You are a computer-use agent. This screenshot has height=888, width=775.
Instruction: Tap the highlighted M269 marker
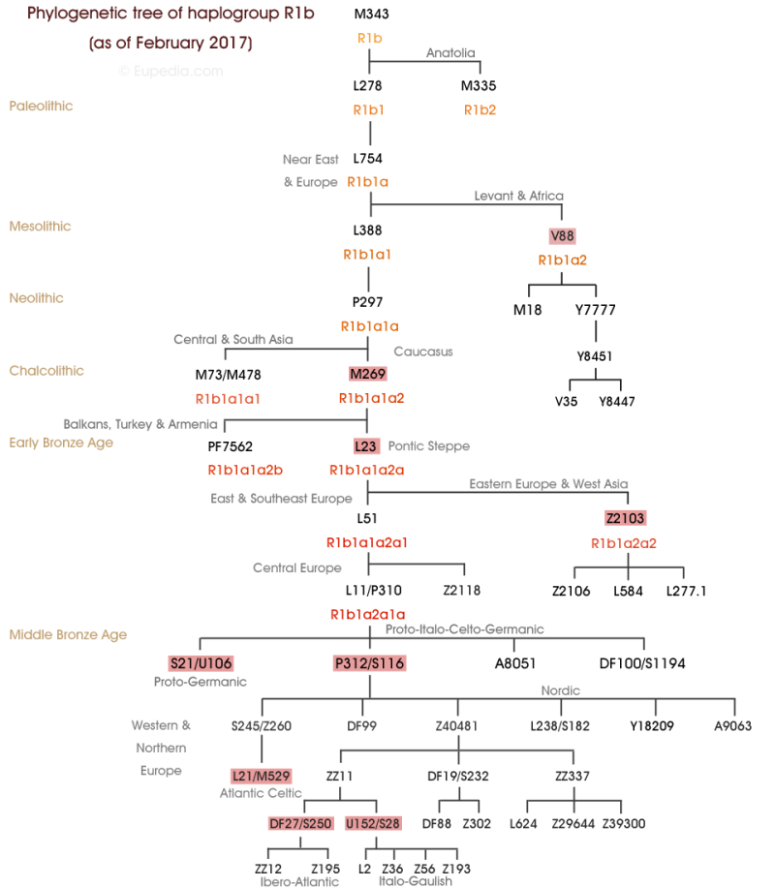(367, 375)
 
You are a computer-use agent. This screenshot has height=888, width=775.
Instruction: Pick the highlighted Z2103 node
(625, 518)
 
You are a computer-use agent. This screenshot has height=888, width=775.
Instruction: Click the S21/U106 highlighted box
(200, 662)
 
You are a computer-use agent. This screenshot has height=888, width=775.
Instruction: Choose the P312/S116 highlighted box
(368, 662)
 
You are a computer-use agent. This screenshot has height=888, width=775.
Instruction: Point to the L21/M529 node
(262, 776)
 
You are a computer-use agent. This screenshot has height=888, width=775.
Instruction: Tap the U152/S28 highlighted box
(373, 823)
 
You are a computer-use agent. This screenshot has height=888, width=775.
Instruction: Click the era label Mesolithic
(40, 227)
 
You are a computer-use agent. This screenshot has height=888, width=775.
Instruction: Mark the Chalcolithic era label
(46, 371)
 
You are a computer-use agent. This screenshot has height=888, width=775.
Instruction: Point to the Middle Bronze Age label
(68, 635)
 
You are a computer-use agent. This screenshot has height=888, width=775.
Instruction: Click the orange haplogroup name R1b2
(480, 109)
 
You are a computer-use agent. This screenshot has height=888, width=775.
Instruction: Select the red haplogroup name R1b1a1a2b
(245, 471)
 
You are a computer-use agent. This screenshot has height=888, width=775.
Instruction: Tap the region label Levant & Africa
(518, 196)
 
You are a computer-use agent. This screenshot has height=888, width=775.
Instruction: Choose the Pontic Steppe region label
(429, 446)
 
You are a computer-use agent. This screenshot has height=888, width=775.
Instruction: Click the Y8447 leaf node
(618, 401)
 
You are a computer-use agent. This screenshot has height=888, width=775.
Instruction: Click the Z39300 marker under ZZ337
(624, 823)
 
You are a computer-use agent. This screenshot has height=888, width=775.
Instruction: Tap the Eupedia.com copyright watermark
(170, 71)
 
